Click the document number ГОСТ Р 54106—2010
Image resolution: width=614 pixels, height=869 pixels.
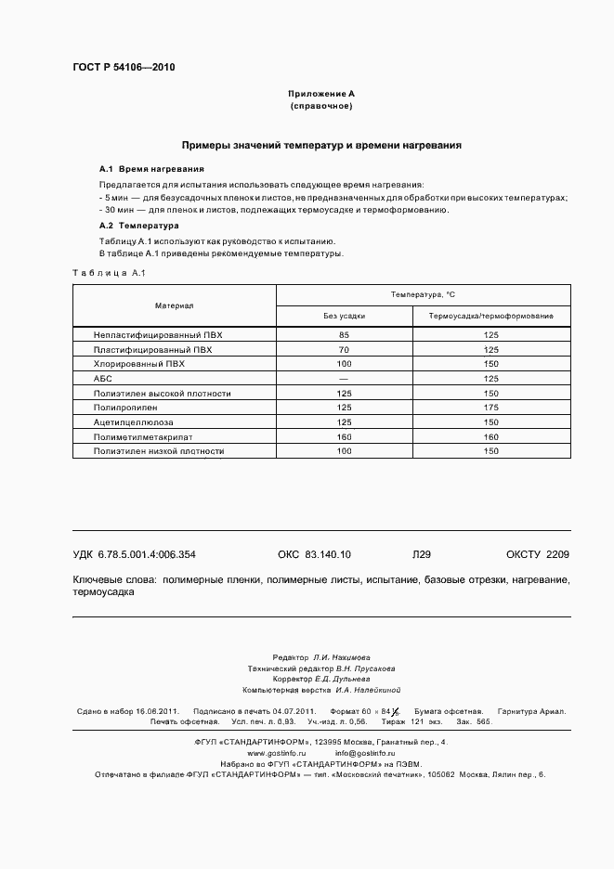[124, 68]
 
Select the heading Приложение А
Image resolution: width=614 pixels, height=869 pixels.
[320, 94]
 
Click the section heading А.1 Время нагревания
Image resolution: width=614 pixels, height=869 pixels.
[151, 170]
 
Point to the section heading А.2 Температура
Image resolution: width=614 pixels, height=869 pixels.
[139, 226]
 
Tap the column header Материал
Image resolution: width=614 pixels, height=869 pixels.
[174, 305]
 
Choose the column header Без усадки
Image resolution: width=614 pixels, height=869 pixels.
[344, 317]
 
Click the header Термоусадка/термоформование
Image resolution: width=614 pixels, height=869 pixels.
[490, 317]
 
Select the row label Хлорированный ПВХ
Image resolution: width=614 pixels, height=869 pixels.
[139, 364]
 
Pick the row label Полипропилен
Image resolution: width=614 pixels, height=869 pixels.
[125, 408]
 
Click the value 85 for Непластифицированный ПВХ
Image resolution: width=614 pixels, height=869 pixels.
[344, 334]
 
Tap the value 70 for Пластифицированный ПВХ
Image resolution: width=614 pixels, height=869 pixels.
[344, 349]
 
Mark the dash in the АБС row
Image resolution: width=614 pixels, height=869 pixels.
[344, 379]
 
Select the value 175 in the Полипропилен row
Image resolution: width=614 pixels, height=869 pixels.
[490, 408]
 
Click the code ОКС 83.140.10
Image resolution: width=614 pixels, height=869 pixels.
[314, 554]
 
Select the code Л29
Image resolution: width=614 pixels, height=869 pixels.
[421, 554]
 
